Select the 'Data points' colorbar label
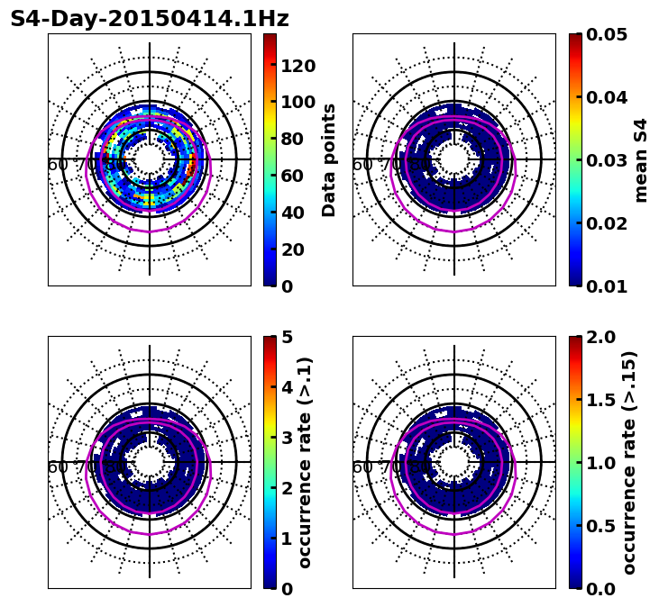coord(329,159)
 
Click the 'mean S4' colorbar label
coord(641,159)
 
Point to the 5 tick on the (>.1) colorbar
coord(287,337)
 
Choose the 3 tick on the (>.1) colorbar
coord(287,438)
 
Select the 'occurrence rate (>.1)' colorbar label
coord(305,462)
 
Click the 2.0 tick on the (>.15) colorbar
coord(598,337)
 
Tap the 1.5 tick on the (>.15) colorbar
coord(598,400)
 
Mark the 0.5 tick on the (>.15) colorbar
coord(598,526)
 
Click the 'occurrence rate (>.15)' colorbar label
coord(629,462)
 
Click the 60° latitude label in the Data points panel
coord(58,165)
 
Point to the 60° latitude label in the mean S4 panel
coord(362,165)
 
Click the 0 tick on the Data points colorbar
coord(287,286)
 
